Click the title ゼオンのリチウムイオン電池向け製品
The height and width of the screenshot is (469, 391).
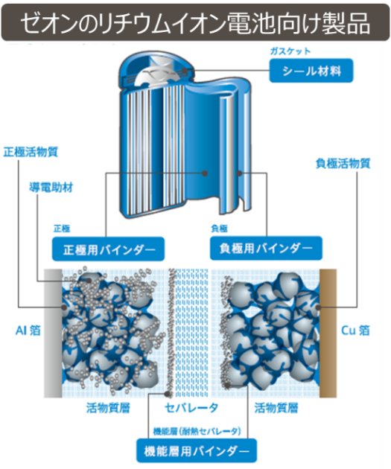195,23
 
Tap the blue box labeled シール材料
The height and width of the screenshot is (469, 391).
311,71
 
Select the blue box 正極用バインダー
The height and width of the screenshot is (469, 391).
108,249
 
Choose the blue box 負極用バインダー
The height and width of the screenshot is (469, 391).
266,248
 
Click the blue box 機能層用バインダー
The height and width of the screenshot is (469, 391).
197,450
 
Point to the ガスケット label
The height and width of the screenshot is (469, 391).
290,51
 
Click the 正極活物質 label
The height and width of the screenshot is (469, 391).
31,152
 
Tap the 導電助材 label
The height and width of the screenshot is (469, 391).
51,188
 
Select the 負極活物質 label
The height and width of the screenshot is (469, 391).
343,163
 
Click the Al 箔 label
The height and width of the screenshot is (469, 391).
28,331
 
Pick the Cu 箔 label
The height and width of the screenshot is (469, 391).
355,331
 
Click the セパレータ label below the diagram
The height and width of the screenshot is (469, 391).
191,407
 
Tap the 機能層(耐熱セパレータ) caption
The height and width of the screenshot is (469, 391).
197,431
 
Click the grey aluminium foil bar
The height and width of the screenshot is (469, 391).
53,334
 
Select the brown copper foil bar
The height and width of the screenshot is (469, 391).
328,334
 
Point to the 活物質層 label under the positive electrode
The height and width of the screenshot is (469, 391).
108,408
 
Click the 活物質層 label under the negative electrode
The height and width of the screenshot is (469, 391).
276,408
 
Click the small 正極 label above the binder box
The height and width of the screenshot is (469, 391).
62,229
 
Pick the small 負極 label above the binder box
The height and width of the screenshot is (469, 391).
219,229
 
